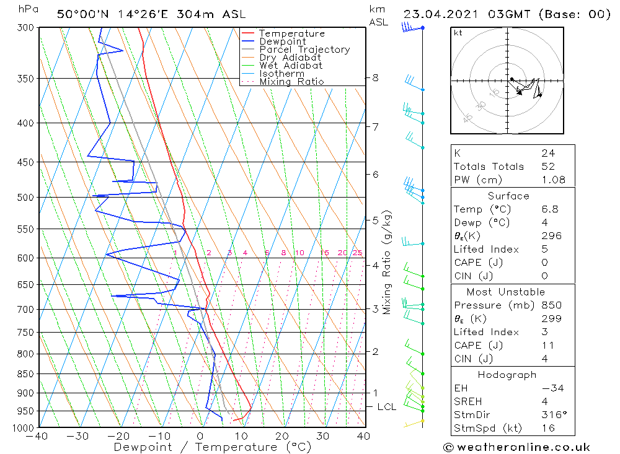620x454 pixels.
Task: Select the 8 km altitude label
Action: (x=375, y=78)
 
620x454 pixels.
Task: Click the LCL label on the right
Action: (x=386, y=407)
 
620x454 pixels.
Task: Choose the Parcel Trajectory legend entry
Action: (x=304, y=50)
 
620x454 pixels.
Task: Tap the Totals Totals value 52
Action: (x=548, y=167)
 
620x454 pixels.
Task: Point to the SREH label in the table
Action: (x=469, y=402)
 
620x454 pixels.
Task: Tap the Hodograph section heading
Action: (x=512, y=375)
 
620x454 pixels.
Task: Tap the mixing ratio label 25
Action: (x=357, y=253)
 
